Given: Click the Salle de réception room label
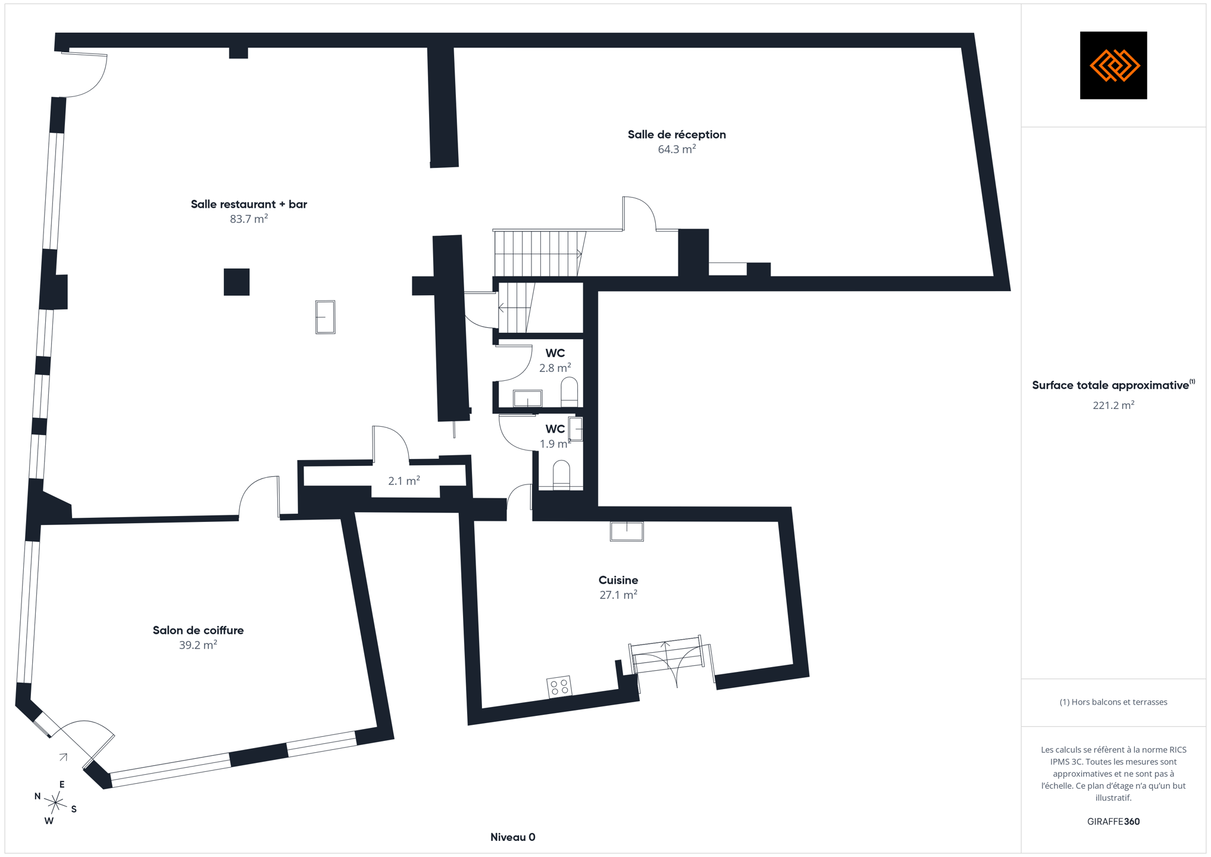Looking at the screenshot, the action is (677, 135).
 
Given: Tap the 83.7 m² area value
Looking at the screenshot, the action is (249, 219).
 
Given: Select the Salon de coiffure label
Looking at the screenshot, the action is (198, 630).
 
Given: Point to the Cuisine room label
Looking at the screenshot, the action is (618, 580).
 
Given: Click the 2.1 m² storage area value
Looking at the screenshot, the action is (404, 481).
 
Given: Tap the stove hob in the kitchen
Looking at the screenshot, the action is (559, 687).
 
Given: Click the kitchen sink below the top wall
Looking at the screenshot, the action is (627, 531).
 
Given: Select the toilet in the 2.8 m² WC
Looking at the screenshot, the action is (569, 392).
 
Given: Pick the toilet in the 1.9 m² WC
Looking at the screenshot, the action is (561, 476).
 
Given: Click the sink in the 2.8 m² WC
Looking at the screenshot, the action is (528, 398).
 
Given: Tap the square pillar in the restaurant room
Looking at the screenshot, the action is (237, 282).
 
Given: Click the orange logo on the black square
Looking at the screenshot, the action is (1114, 65).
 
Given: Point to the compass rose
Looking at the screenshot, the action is (55, 803).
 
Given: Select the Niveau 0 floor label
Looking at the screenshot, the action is (513, 837).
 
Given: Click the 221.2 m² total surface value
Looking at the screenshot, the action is (1113, 405).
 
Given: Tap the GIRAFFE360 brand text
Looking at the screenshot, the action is (1113, 822).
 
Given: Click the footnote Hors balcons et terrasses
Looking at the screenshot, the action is (1113, 702).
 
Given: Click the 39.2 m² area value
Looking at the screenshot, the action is (198, 645).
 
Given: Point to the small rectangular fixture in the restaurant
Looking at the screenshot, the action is (326, 317).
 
